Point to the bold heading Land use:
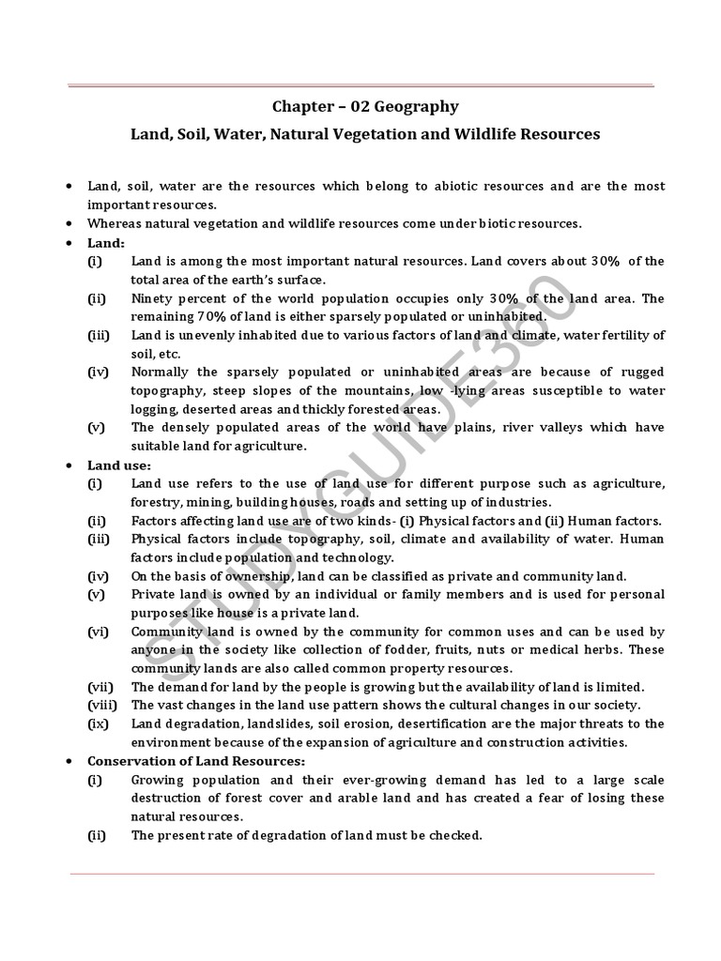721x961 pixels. (x=118, y=465)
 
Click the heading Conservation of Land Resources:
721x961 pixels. (x=196, y=760)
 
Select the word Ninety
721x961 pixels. (x=152, y=298)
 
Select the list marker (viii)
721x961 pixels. (x=101, y=705)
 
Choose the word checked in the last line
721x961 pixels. (x=455, y=834)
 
